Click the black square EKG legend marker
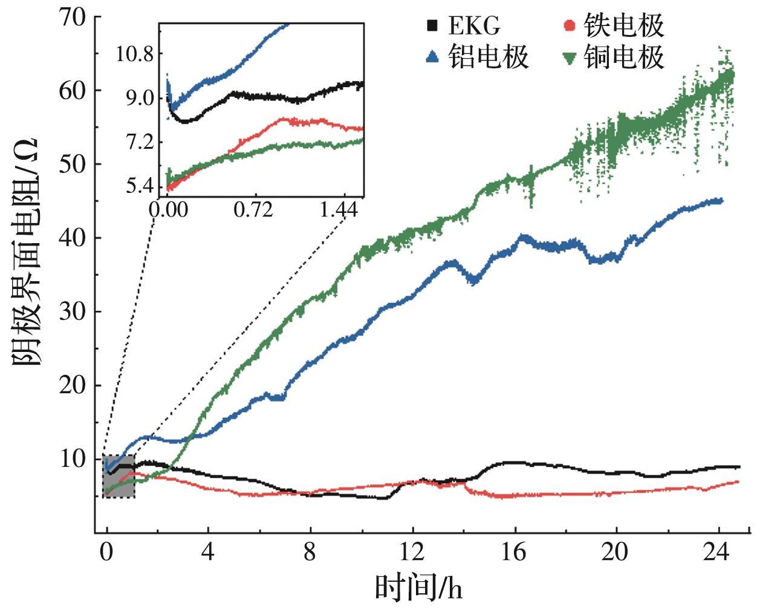432,25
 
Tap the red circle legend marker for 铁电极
568,25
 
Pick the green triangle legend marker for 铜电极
568,57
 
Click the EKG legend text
475,26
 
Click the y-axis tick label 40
72,238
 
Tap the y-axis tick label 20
72,385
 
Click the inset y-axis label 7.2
139,143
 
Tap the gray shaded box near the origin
119,477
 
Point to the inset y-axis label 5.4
140,186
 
